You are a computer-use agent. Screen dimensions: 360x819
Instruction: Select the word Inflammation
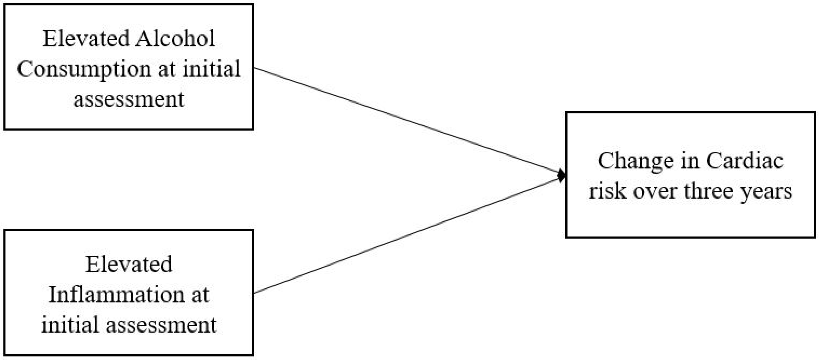pyautogui.click(x=116, y=295)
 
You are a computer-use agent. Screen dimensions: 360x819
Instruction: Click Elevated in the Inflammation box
pyautogui.click(x=129, y=265)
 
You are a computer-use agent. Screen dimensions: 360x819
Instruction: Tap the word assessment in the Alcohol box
pyautogui.click(x=129, y=100)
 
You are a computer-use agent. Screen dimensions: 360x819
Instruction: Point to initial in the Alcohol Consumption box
pyautogui.click(x=211, y=69)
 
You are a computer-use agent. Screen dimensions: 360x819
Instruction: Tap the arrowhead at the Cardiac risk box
pyautogui.click(x=562, y=175)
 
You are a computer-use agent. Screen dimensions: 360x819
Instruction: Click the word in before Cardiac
pyautogui.click(x=690, y=161)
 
